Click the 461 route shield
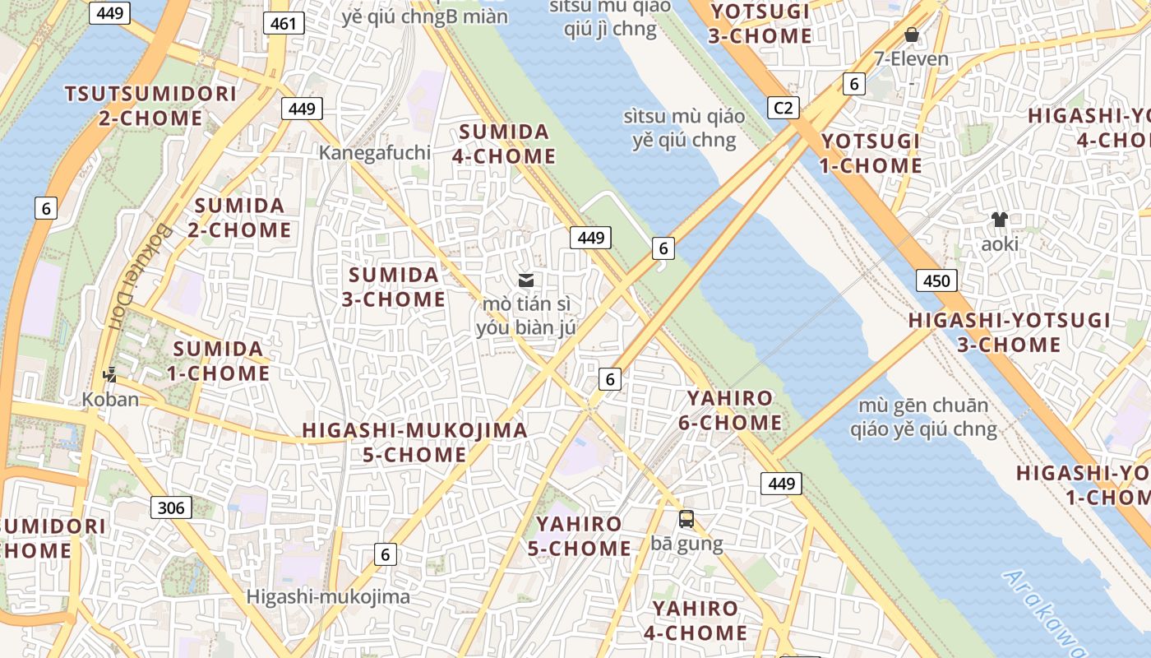click(284, 23)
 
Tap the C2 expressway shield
click(783, 107)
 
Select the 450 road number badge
click(936, 280)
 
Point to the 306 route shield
click(171, 507)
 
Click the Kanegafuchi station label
click(375, 152)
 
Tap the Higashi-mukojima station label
click(328, 596)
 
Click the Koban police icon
click(109, 375)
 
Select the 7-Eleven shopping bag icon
click(911, 35)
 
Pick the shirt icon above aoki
click(999, 220)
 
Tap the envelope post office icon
click(526, 280)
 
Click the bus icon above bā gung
click(686, 519)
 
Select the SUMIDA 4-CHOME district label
click(504, 144)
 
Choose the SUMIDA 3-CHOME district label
click(394, 286)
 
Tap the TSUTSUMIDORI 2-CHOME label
click(151, 105)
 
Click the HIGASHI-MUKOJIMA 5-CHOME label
click(414, 442)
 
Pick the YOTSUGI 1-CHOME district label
click(871, 153)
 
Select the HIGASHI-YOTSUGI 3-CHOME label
click(1009, 332)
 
